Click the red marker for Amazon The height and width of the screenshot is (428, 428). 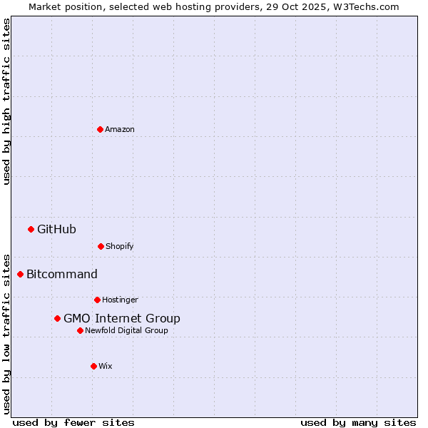(x=100, y=129)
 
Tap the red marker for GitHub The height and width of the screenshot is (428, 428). (x=31, y=229)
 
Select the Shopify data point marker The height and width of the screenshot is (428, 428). (x=101, y=246)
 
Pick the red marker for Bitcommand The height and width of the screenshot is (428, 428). (x=20, y=274)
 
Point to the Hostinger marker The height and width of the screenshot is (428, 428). (x=97, y=300)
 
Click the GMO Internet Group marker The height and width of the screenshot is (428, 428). (x=57, y=318)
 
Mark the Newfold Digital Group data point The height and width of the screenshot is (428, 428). (x=80, y=330)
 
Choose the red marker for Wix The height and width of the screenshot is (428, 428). (x=93, y=366)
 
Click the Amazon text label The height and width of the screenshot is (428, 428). (x=120, y=129)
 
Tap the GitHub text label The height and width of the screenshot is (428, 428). (x=56, y=229)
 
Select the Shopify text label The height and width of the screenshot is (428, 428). (x=120, y=246)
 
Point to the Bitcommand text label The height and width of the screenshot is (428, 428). (x=62, y=274)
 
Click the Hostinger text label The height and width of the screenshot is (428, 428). (x=120, y=300)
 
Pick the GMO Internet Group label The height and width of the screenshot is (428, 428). (x=122, y=318)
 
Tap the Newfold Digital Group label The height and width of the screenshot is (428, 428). (x=126, y=330)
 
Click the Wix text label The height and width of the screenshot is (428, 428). (x=106, y=366)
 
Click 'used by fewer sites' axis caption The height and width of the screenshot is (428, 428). (x=73, y=422)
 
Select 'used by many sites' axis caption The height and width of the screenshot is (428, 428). (x=358, y=422)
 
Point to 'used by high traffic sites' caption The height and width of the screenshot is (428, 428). (x=6, y=101)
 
